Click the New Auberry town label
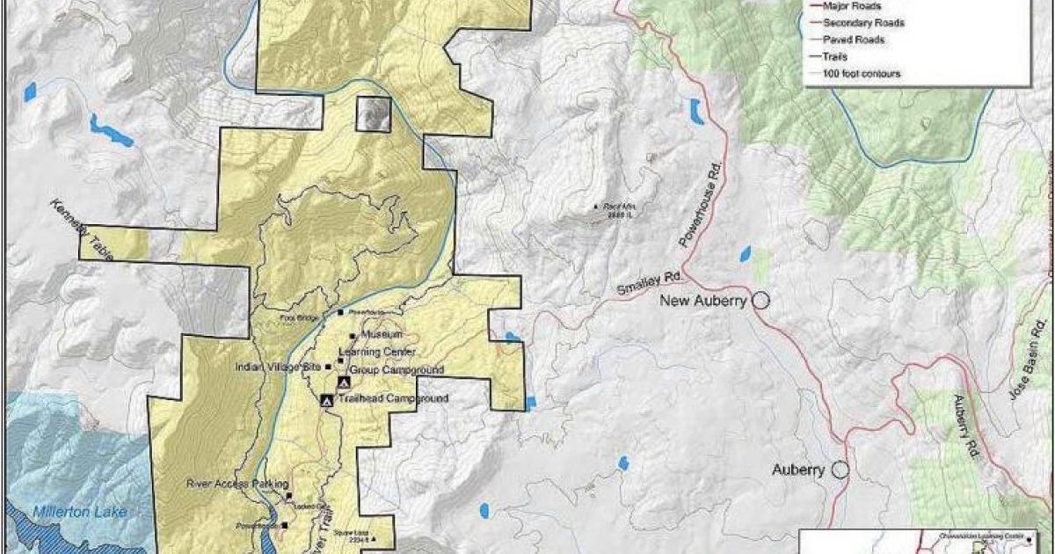(703, 301)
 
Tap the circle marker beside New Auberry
(760, 301)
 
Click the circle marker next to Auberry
(840, 470)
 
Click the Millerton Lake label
(69, 512)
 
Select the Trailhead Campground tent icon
(327, 400)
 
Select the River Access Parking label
(233, 483)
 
